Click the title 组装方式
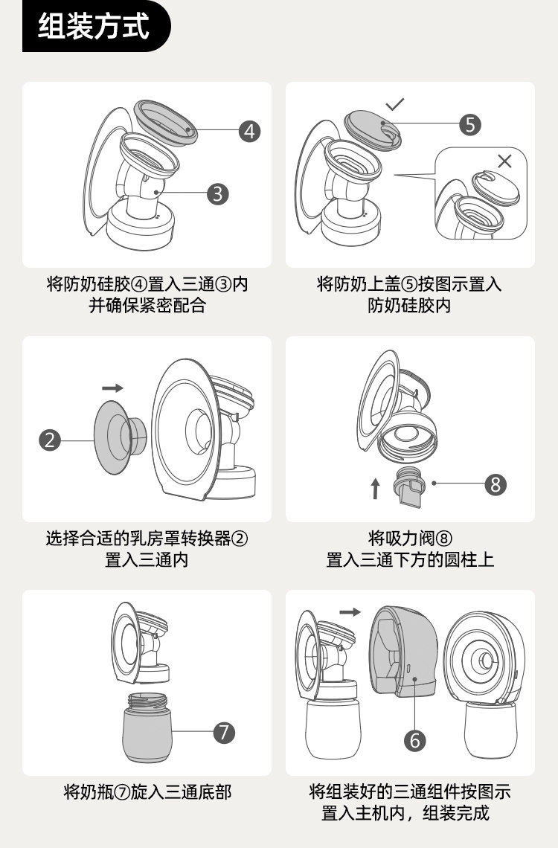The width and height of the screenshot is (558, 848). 94,26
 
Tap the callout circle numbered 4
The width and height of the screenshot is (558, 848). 250,132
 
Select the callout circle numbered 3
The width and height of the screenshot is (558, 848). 217,194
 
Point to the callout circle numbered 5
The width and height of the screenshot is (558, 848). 469,124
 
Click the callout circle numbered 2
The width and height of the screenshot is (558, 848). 49,440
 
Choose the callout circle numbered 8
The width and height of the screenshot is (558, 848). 495,484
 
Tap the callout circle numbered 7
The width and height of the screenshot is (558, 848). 224,732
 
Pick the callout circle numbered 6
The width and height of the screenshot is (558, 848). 415,740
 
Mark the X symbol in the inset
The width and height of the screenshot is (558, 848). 504,161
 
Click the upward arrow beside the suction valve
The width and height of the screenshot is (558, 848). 375,488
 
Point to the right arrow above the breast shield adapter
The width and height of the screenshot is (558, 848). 112,388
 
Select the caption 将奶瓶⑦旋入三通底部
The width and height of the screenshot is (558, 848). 147,792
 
